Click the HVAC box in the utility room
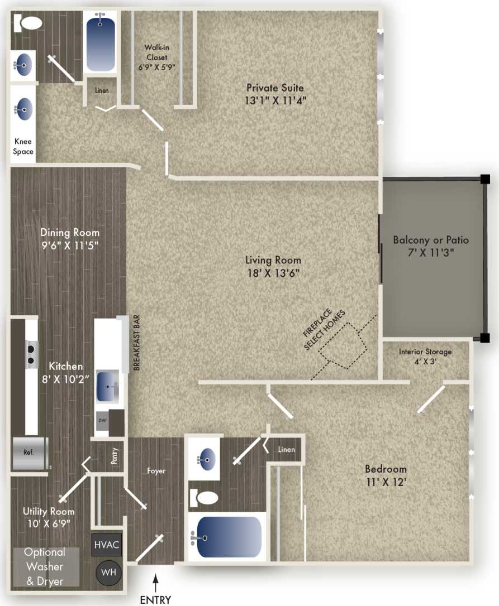pyautogui.click(x=107, y=545)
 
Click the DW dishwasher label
pyautogui.click(x=102, y=420)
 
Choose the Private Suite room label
pyautogui.click(x=275, y=88)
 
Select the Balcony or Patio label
pyautogui.click(x=431, y=241)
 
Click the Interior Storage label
pyautogui.click(x=425, y=352)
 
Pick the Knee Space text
pyautogui.click(x=23, y=147)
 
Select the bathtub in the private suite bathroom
pyautogui.click(x=101, y=42)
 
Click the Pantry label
pyautogui.click(x=115, y=459)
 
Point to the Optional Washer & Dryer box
pyautogui.click(x=44, y=566)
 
